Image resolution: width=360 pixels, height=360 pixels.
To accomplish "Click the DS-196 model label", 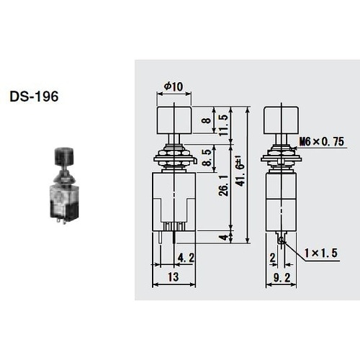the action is tap(34, 96).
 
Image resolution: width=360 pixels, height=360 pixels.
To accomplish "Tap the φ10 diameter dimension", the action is tap(174, 86).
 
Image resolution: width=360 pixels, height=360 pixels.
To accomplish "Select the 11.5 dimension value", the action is tap(223, 125).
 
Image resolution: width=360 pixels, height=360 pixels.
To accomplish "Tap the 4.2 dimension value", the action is tap(186, 258).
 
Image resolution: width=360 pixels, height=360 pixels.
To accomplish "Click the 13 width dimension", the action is tap(174, 276).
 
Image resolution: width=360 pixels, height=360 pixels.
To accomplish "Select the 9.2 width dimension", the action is tap(282, 278).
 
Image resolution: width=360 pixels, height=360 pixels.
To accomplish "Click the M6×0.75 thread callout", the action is tap(323, 142).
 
